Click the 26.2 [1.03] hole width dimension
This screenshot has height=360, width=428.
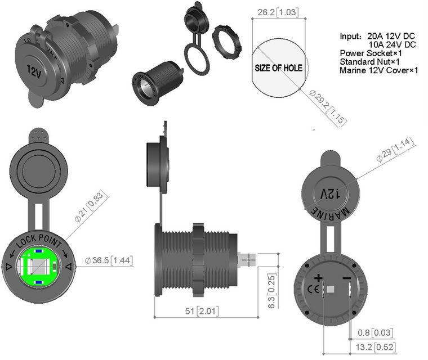pos(278,12)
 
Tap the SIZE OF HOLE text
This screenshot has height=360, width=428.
pos(278,68)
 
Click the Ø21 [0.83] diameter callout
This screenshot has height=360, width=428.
pos(91,206)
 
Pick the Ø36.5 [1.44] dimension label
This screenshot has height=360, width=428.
pos(109,260)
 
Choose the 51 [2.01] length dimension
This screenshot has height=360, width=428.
pos(202,311)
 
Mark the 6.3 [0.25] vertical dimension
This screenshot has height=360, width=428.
pos(272,291)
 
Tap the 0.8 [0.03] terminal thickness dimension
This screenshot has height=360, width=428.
pos(375,332)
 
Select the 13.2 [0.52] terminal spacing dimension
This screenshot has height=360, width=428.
pos(376,347)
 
